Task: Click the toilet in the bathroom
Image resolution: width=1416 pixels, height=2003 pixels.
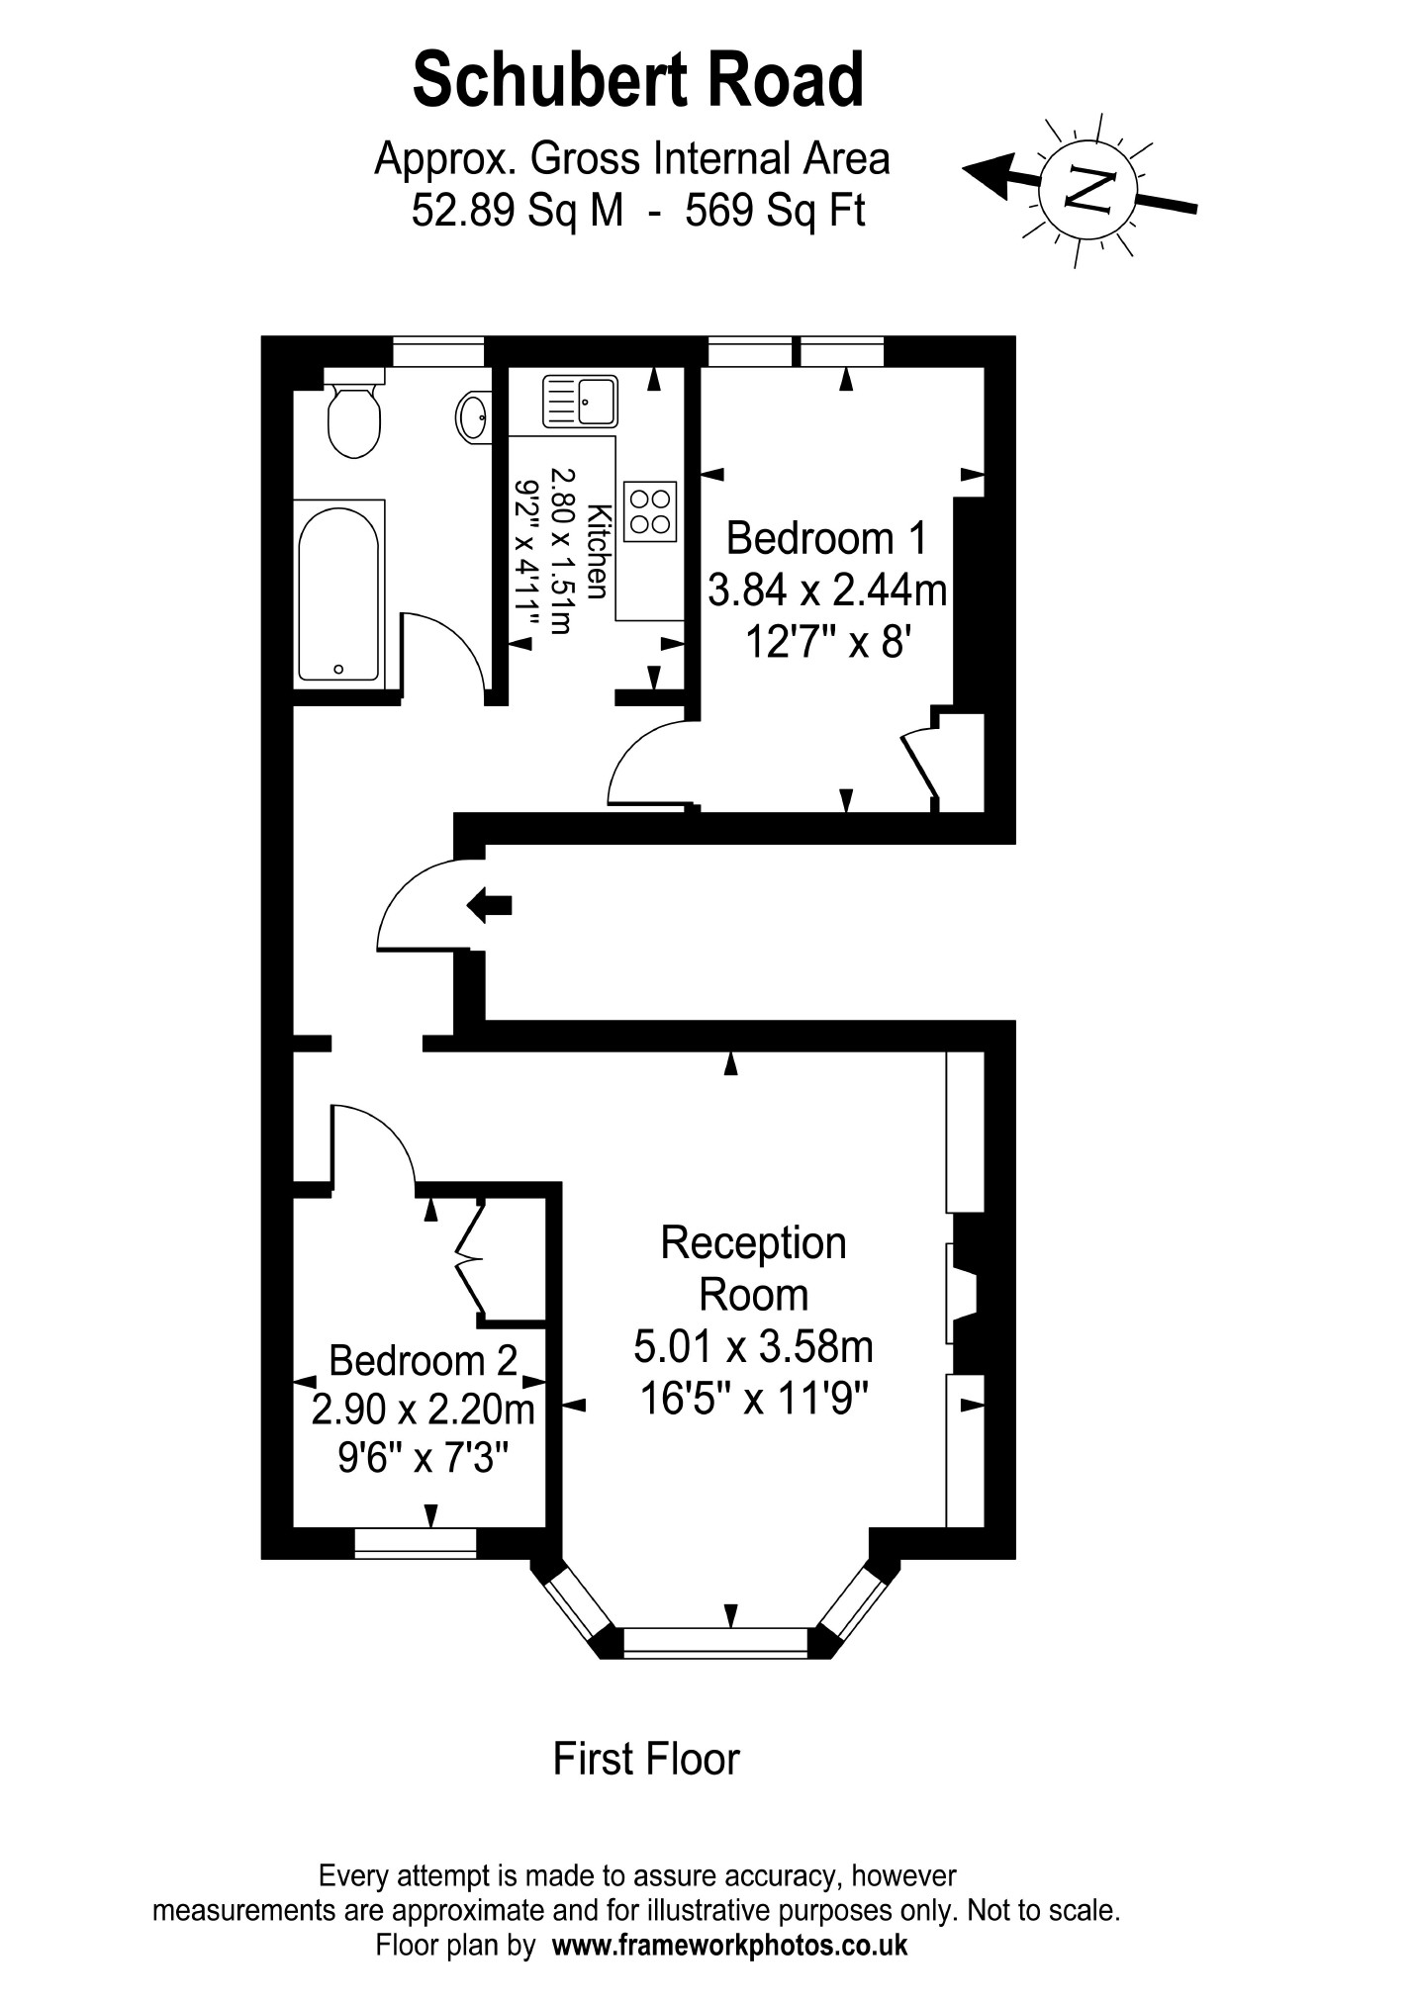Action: pos(353,418)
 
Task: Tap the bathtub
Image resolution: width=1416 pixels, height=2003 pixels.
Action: pos(339,593)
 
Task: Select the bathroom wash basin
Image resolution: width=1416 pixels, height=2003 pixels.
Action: pos(473,415)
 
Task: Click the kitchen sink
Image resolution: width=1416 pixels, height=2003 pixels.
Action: pos(579,401)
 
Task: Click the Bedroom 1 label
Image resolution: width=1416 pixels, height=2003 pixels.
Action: pos(827,539)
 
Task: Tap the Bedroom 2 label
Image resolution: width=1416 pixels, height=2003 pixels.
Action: pos(423,1361)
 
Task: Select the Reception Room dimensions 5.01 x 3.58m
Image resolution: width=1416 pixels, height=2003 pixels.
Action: pos(753,1346)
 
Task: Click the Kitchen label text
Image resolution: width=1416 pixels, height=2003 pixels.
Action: pos(597,550)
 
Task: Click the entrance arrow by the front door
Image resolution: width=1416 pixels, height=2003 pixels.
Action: pos(490,904)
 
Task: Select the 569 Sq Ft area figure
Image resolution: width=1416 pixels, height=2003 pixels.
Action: pos(775,210)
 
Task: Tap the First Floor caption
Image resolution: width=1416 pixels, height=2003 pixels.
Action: pos(646,1759)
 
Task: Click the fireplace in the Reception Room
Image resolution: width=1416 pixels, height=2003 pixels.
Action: pos(963,1293)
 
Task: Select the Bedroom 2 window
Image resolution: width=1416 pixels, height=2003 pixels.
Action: pos(416,1542)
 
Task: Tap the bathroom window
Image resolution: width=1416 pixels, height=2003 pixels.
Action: pos(438,352)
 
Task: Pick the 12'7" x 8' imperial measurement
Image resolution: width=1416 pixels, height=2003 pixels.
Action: pos(827,644)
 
